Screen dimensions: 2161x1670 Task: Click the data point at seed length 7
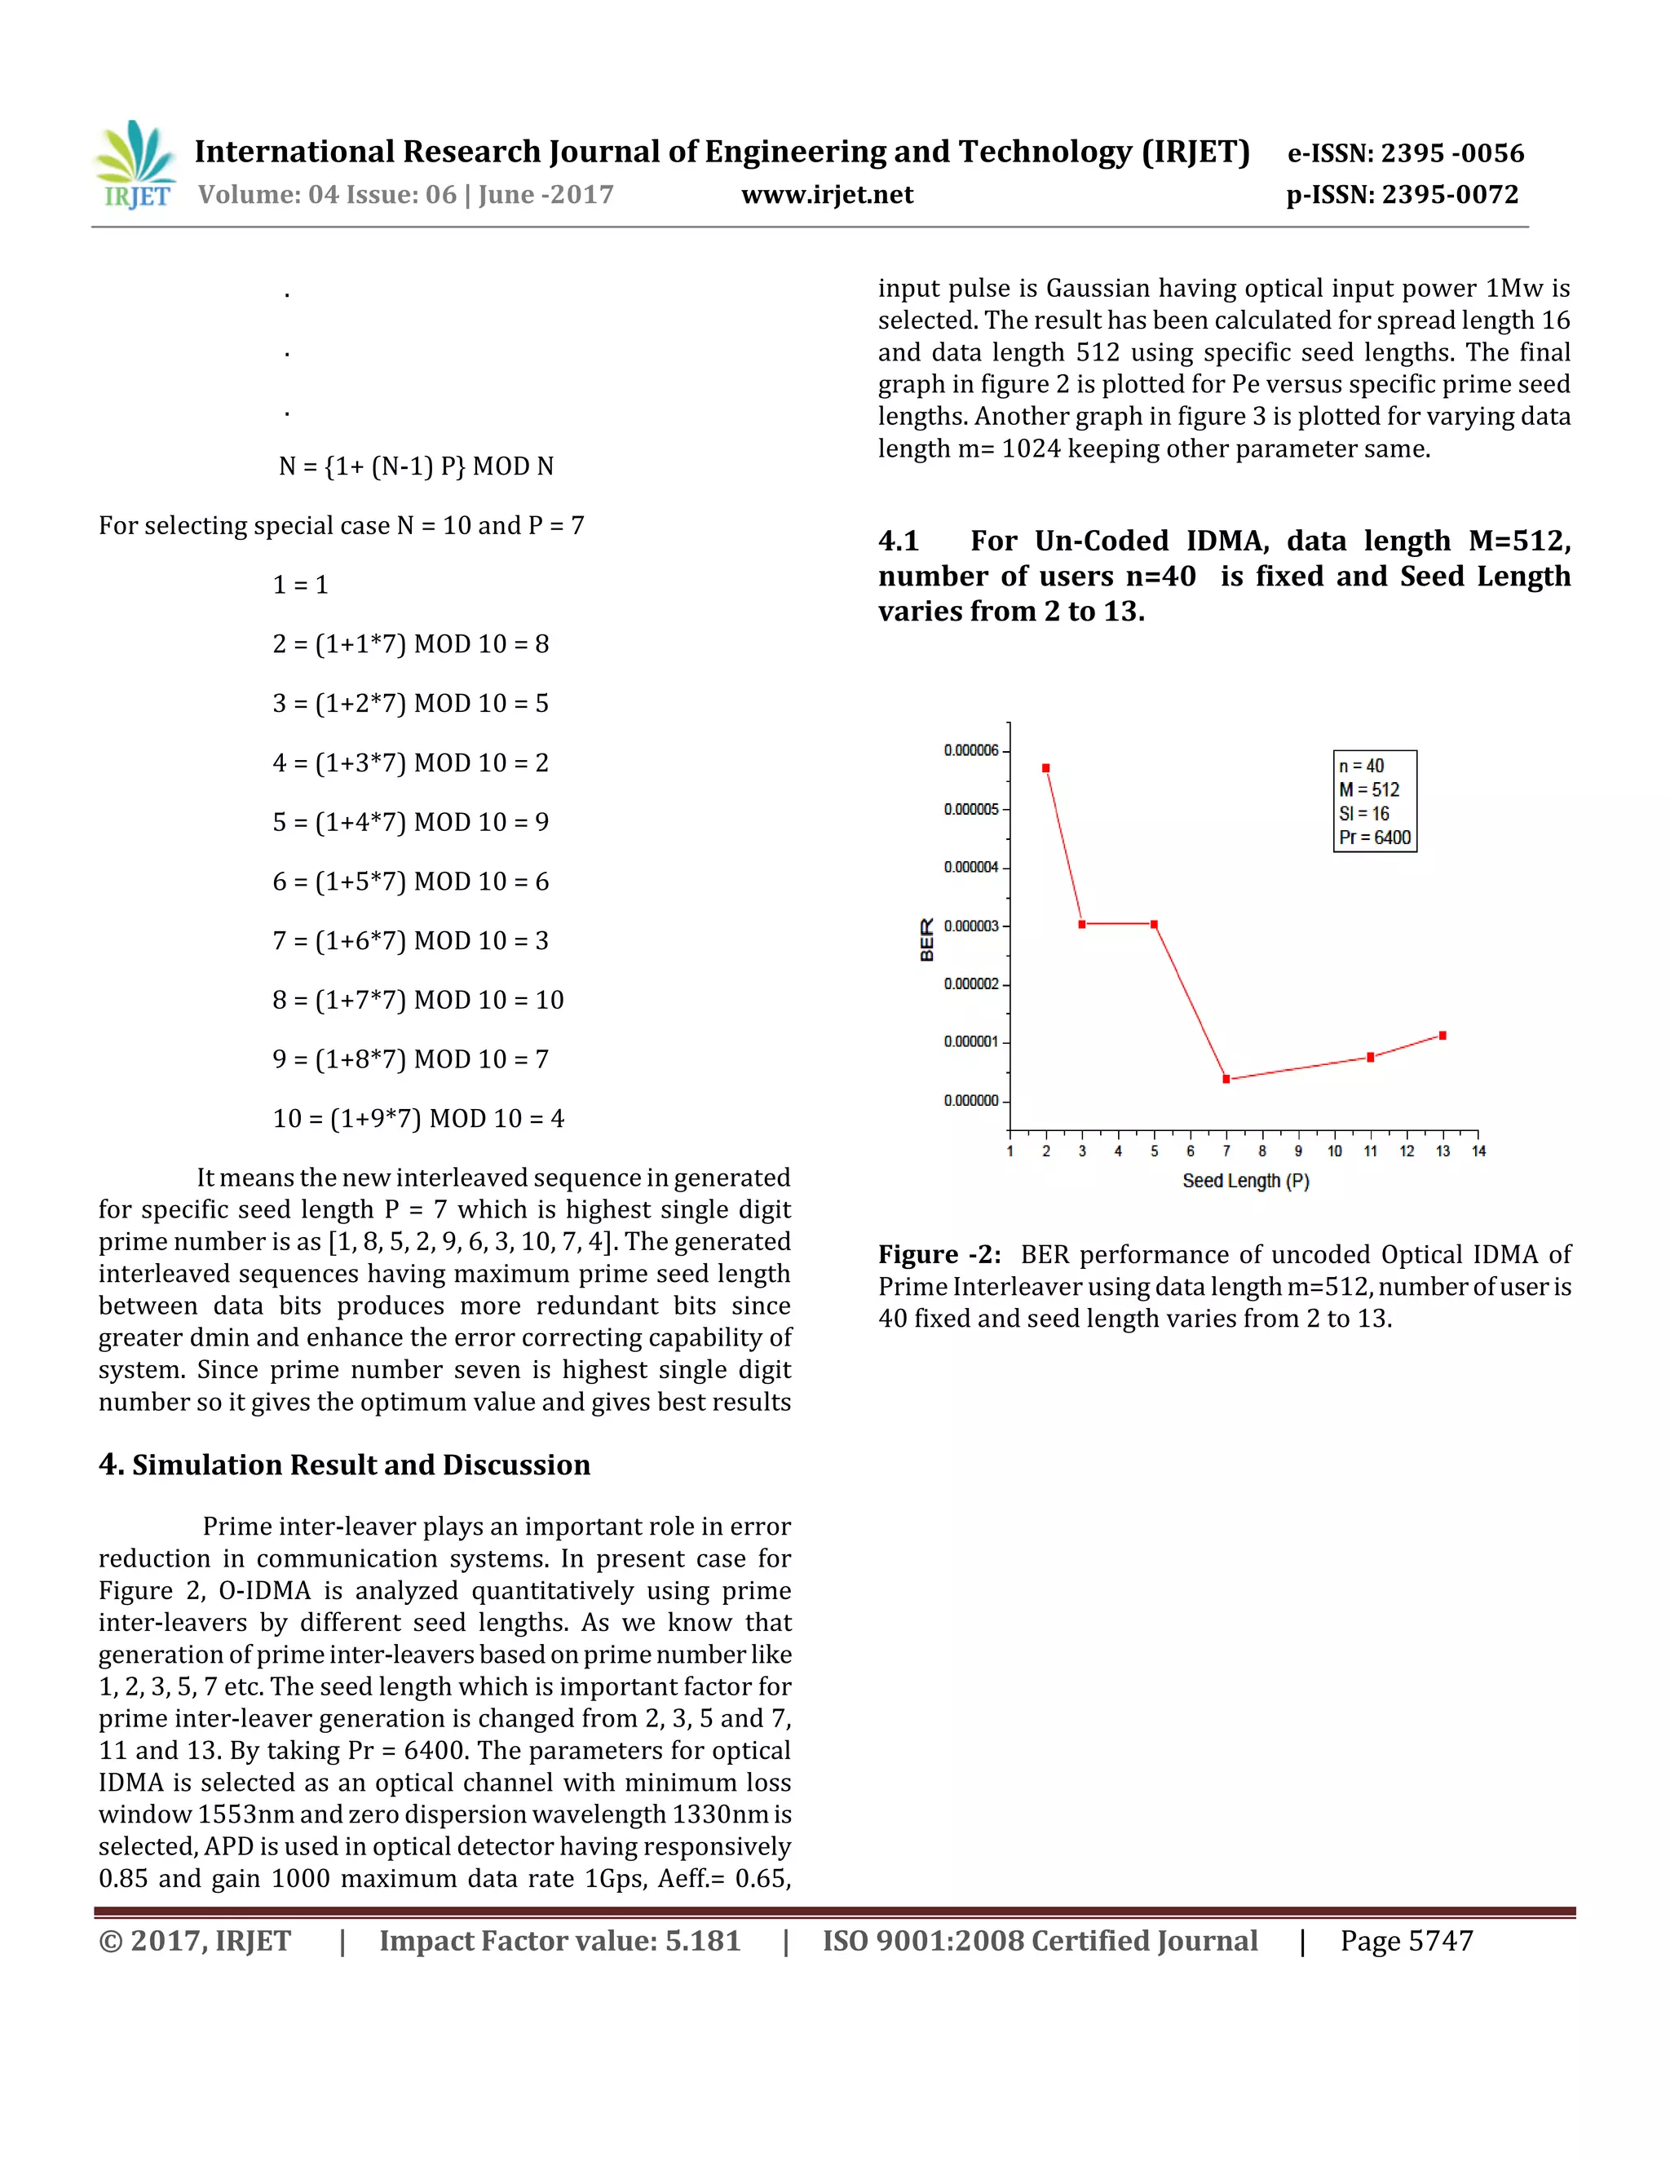click(x=1226, y=1079)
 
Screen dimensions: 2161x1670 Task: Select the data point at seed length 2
click(x=1045, y=768)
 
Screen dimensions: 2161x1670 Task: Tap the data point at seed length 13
click(x=1442, y=1035)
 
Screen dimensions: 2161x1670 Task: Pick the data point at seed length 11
click(x=1370, y=1057)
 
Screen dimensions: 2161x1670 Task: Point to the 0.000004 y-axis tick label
click(x=970, y=867)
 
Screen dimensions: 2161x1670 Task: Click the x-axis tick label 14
click(x=1478, y=1151)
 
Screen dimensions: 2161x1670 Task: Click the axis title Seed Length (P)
click(x=1246, y=1181)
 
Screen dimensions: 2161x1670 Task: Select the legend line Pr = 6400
click(x=1374, y=837)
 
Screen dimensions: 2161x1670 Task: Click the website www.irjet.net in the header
click(x=827, y=195)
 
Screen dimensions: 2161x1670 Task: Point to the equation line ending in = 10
click(x=417, y=1000)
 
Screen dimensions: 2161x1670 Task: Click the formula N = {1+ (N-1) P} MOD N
click(x=416, y=466)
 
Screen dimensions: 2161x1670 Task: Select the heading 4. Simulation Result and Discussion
click(x=344, y=1465)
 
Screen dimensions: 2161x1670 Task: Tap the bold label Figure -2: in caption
click(x=939, y=1255)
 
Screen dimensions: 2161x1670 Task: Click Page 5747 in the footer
click(x=1406, y=1942)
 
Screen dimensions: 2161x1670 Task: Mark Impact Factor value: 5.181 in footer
click(x=560, y=1942)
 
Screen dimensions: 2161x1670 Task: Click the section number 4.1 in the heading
click(x=899, y=541)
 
